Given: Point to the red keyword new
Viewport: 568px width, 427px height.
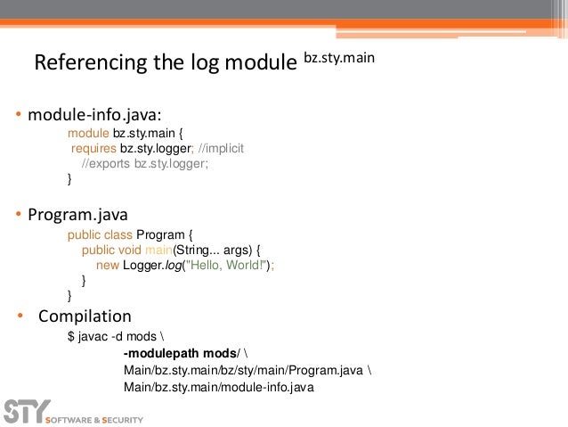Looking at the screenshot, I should (x=107, y=265).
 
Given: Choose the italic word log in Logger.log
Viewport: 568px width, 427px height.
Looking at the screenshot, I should (x=170, y=265).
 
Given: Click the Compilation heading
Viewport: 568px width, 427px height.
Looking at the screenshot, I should (x=84, y=316).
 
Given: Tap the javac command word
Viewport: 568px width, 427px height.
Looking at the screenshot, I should (x=93, y=337).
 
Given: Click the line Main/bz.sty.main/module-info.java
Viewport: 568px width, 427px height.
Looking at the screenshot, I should (x=219, y=387).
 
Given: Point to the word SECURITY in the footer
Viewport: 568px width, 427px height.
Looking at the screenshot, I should (x=120, y=417).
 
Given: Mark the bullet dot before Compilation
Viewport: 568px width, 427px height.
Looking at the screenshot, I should (x=20, y=316).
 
